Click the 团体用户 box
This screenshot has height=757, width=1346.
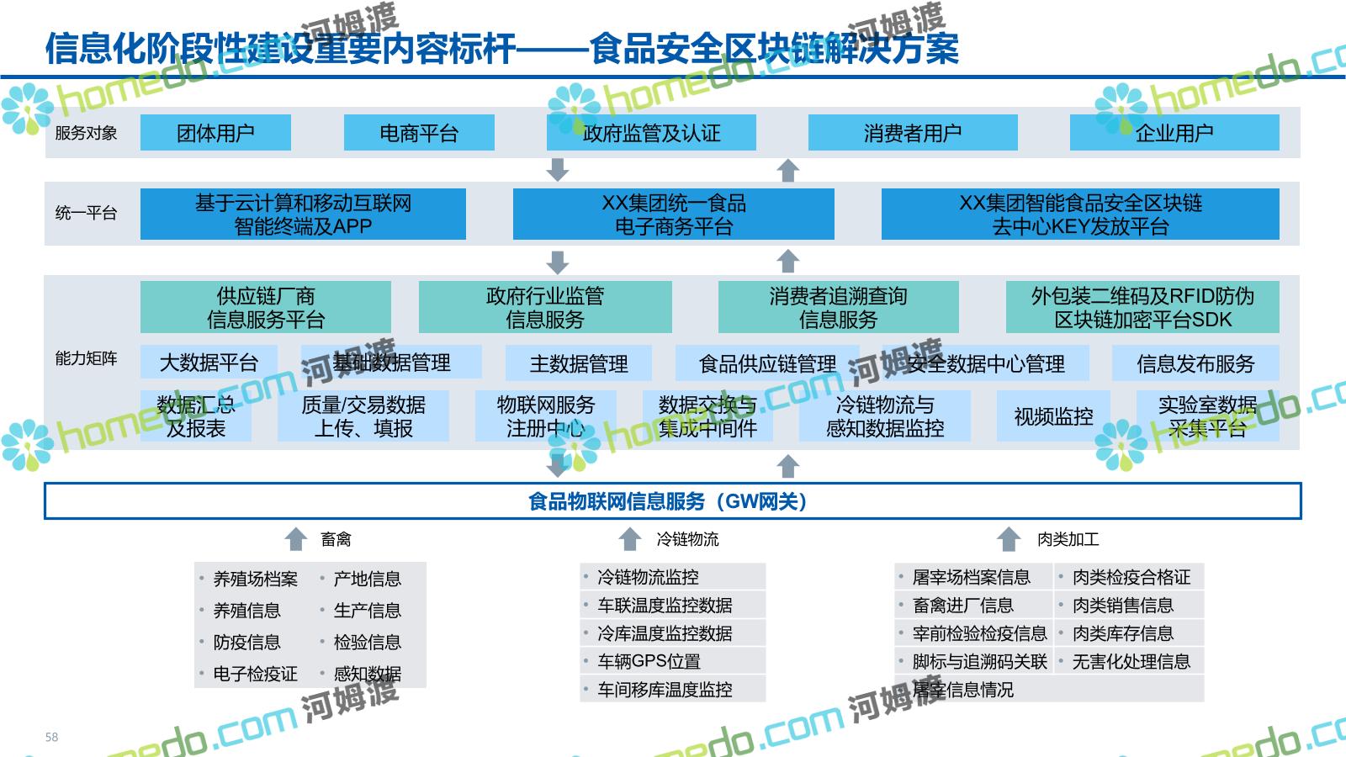tap(215, 133)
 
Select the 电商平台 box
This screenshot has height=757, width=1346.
tap(419, 133)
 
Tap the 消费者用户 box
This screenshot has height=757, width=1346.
tap(913, 133)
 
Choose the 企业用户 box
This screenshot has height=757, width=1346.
tap(1174, 133)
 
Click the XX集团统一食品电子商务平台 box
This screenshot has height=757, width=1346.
tap(673, 214)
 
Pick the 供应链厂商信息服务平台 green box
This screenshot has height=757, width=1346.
tap(265, 307)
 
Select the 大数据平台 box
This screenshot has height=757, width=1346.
tap(209, 363)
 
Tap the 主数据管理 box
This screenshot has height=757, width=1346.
tap(579, 363)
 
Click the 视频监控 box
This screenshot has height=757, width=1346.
tap(1053, 416)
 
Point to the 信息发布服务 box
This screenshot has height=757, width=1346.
tap(1195, 363)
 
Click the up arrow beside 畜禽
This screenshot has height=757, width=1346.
tap(295, 539)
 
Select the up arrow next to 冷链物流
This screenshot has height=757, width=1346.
tap(630, 539)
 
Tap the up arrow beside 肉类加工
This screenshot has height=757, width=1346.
tap(1009, 539)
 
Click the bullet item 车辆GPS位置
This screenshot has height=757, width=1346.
tap(649, 661)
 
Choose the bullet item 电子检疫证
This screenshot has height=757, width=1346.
tap(255, 674)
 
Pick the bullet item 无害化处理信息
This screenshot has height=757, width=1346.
tap(1131, 661)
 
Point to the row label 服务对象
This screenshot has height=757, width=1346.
tap(86, 133)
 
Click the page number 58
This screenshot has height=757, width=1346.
tap(52, 737)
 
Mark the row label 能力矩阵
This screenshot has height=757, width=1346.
tap(86, 358)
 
